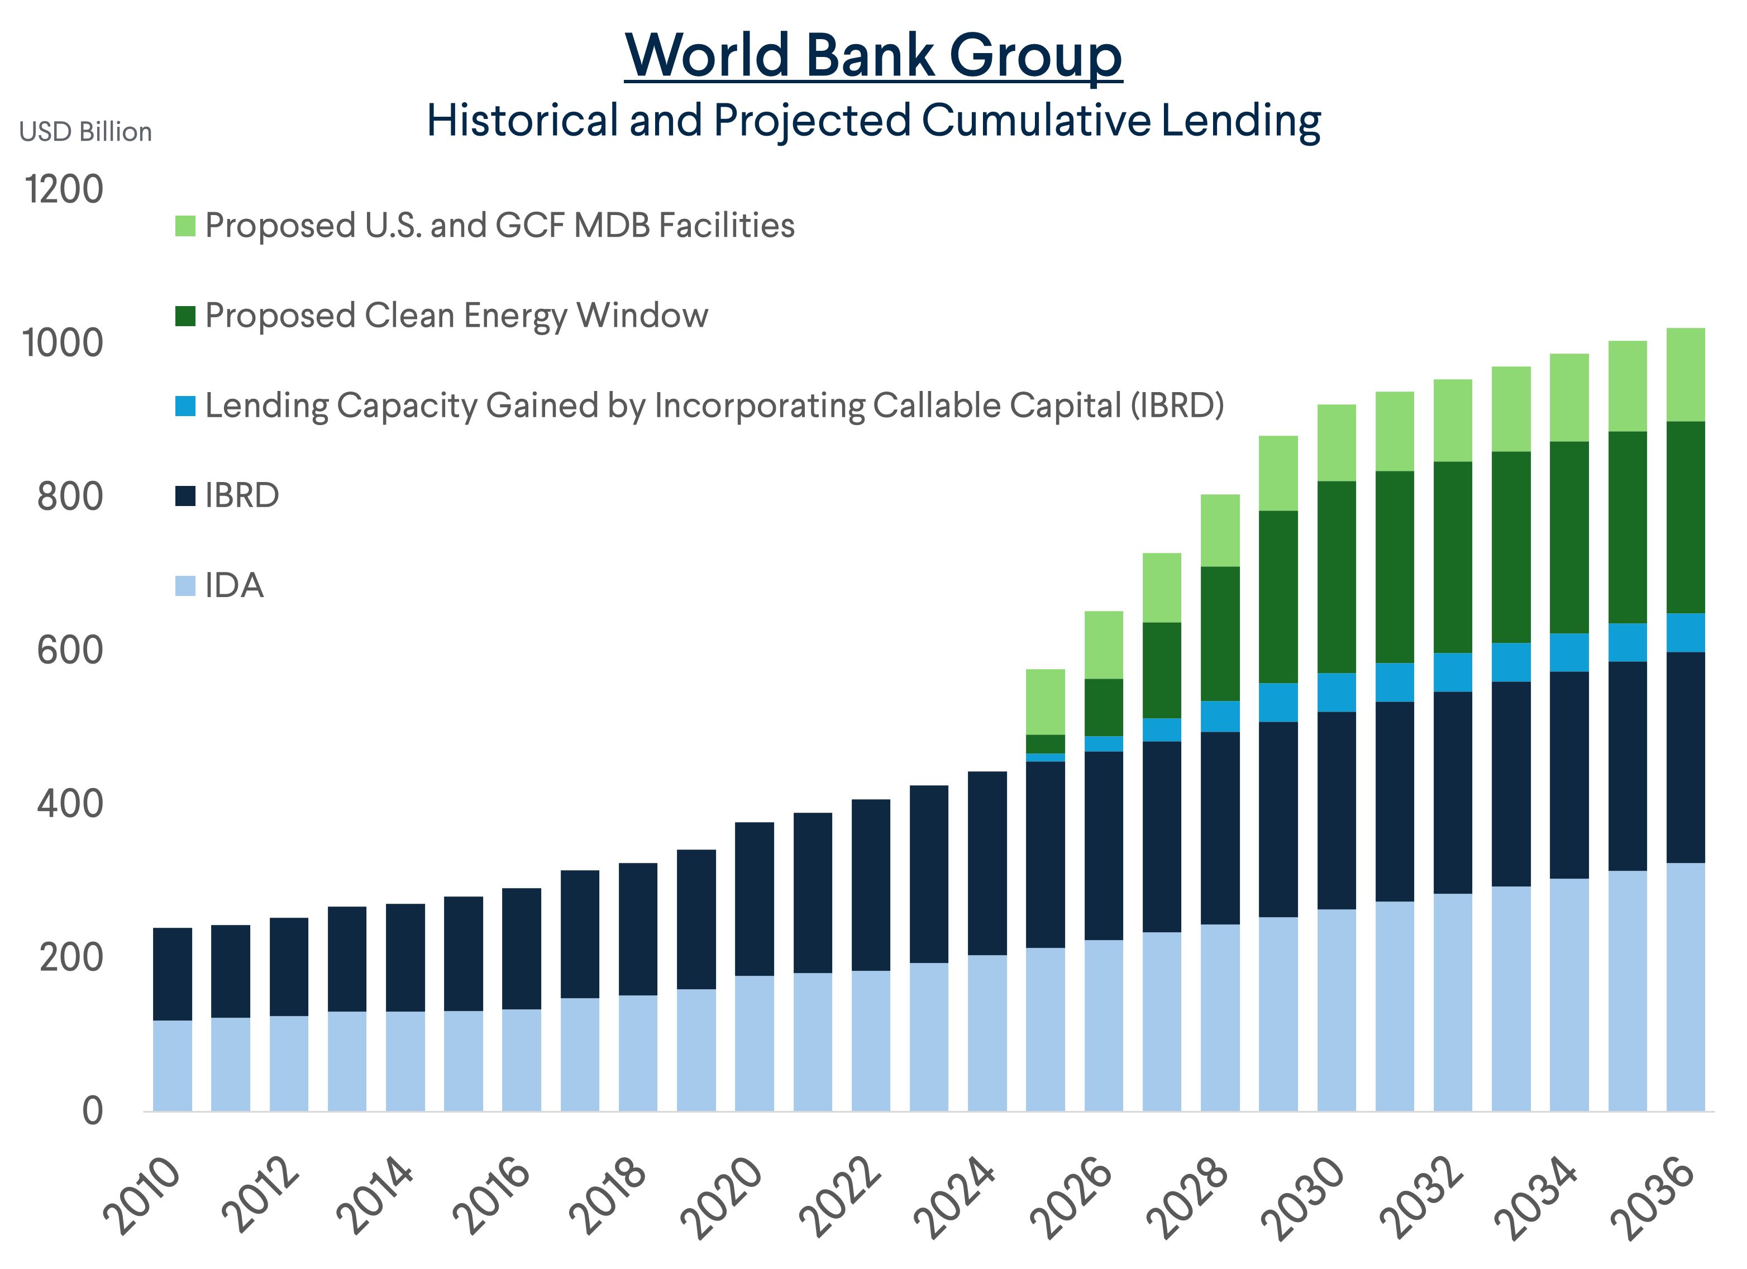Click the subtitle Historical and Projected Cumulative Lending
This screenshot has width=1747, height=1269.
pyautogui.click(x=873, y=121)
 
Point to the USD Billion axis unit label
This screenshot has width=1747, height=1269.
pyautogui.click(x=85, y=132)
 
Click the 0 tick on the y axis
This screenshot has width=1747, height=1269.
pyautogui.click(x=93, y=1111)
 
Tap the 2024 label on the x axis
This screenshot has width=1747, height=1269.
pyautogui.click(x=955, y=1196)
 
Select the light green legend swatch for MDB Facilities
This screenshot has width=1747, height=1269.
pyautogui.click(x=185, y=226)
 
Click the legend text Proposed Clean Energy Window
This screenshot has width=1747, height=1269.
pyautogui.click(x=456, y=316)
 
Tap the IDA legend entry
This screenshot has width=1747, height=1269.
pyautogui.click(x=233, y=585)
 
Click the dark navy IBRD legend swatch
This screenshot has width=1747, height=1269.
pyautogui.click(x=185, y=495)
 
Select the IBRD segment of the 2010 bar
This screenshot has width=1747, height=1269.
pyautogui.click(x=173, y=974)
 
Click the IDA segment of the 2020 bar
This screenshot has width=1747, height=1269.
pyautogui.click(x=754, y=1043)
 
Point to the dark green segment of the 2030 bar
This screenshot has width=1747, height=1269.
pyautogui.click(x=1336, y=577)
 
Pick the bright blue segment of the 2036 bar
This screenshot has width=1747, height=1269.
pyautogui.click(x=1686, y=633)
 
